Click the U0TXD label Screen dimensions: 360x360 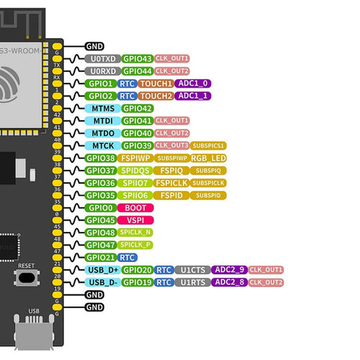pyautogui.click(x=102, y=58)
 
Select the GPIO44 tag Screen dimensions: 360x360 pyautogui.click(x=137, y=71)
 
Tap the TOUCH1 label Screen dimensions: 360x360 pyautogui.click(x=156, y=84)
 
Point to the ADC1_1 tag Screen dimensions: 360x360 pyautogui.click(x=194, y=96)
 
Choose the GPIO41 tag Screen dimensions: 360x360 pyautogui.click(x=137, y=120)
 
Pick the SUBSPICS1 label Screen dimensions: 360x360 pyautogui.click(x=209, y=145)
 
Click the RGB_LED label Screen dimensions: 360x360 pyautogui.click(x=210, y=158)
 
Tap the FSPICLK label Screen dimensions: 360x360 pyautogui.click(x=171, y=182)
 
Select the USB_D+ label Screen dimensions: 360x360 pyautogui.click(x=102, y=270)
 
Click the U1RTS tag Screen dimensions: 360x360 pyautogui.click(x=193, y=282)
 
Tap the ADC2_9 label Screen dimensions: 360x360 pyautogui.click(x=231, y=270)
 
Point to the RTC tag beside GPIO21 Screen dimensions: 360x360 pyautogui.click(x=127, y=257)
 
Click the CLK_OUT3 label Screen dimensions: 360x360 pyautogui.click(x=171, y=145)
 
